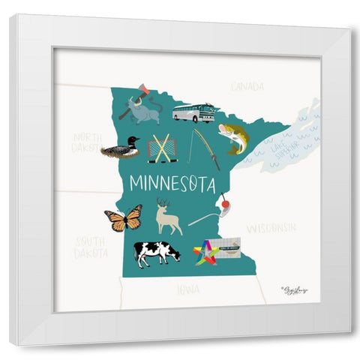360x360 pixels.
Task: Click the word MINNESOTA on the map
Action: pyautogui.click(x=172, y=184)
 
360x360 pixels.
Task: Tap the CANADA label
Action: pyautogui.click(x=247, y=87)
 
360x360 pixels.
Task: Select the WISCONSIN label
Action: pyautogui.click(x=271, y=226)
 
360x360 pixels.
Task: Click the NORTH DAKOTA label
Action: pyautogui.click(x=88, y=142)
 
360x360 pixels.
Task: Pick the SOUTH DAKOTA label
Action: pyautogui.click(x=90, y=247)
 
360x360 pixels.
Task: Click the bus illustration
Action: pyautogui.click(x=193, y=112)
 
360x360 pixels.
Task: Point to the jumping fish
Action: pyautogui.click(x=233, y=137)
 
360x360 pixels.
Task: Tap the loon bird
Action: pyautogui.click(x=121, y=148)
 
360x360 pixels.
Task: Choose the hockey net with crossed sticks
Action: pyautogui.click(x=162, y=148)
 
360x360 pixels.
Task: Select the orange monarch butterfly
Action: pyautogui.click(x=124, y=218)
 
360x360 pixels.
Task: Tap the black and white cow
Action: pyautogui.click(x=157, y=253)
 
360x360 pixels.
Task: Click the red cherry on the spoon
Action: pyautogui.click(x=223, y=201)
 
